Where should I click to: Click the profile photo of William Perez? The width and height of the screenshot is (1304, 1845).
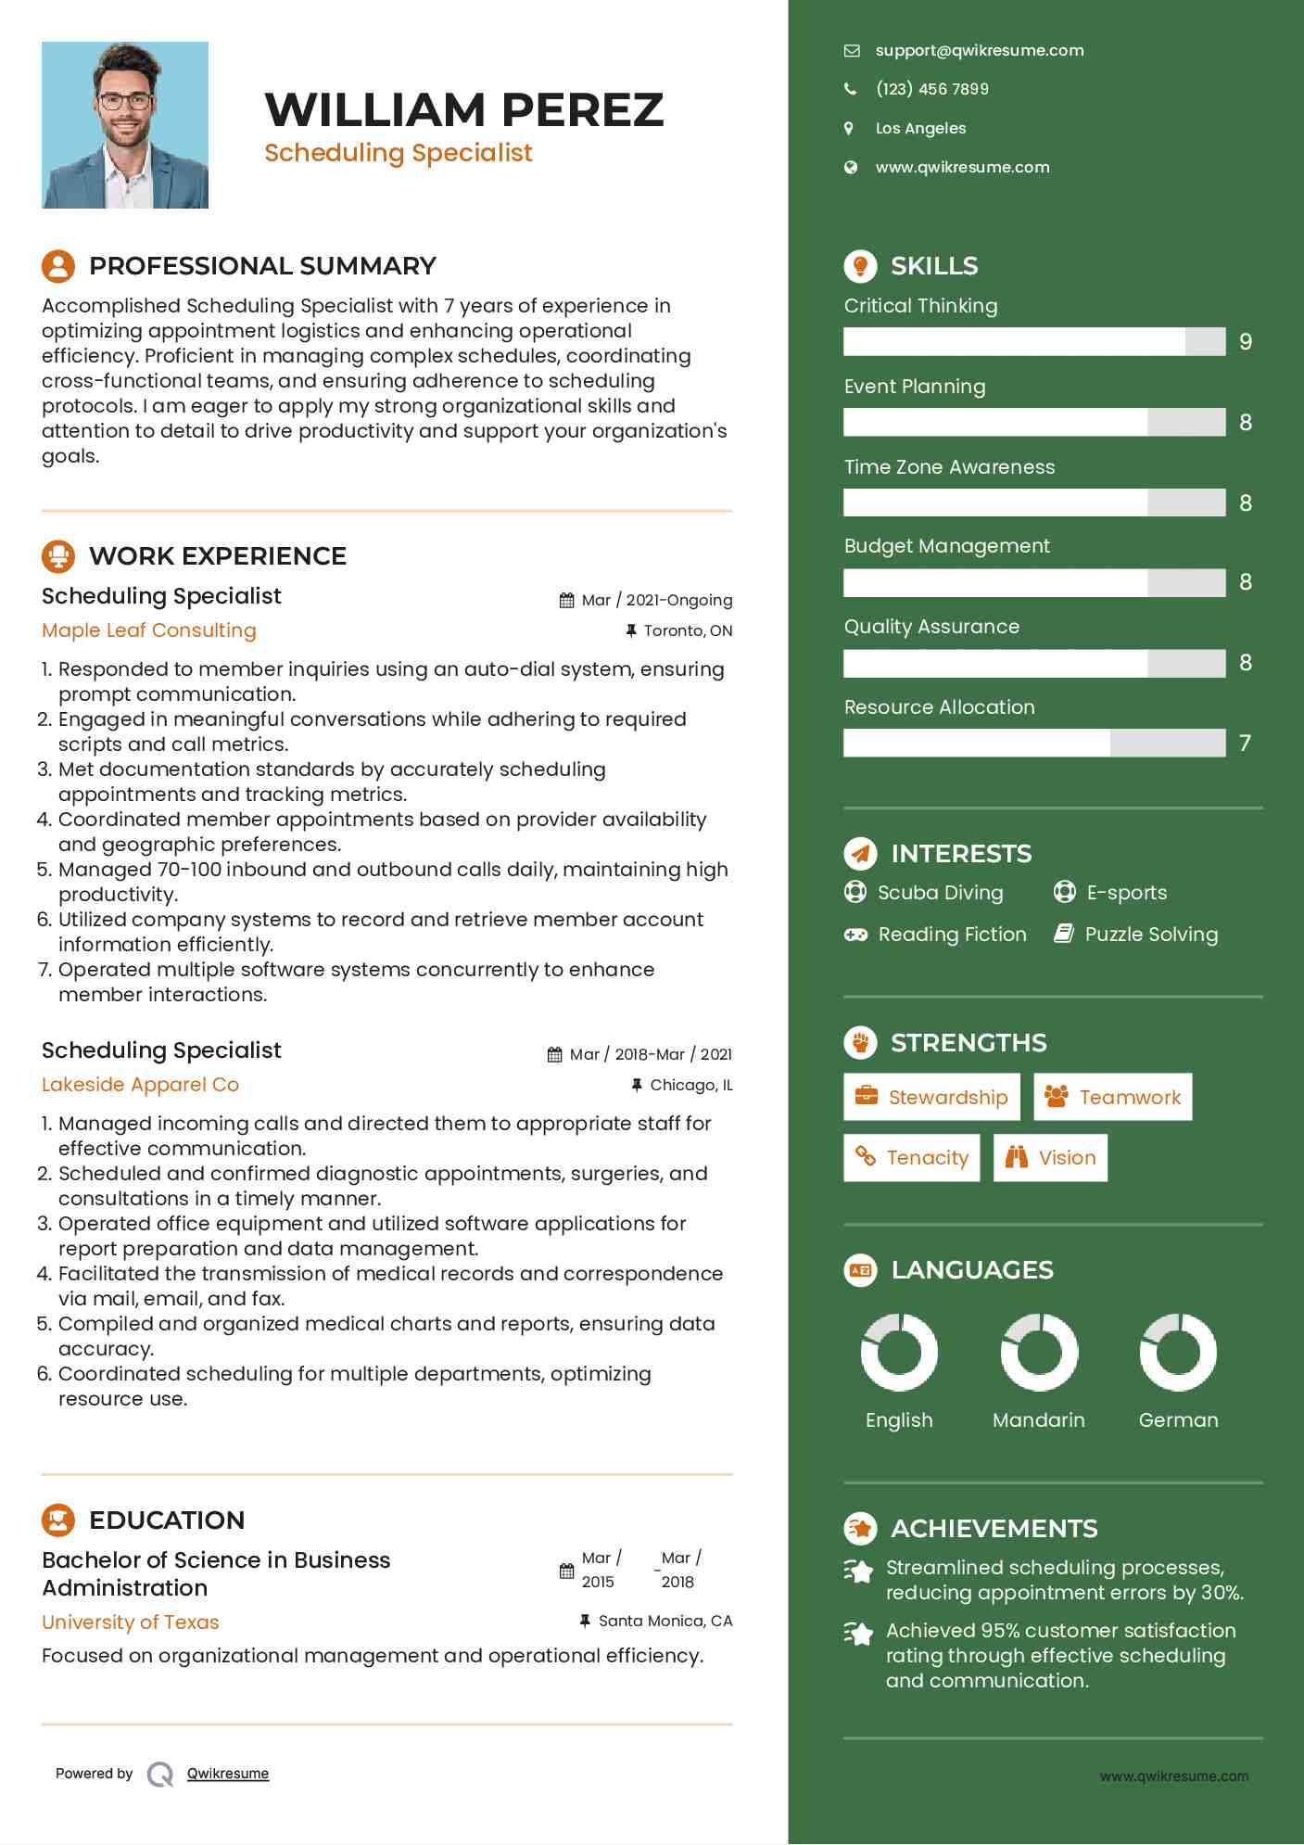click(x=125, y=125)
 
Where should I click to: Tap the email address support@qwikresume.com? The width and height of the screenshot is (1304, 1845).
click(x=979, y=51)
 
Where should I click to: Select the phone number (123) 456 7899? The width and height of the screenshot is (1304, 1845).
click(x=931, y=89)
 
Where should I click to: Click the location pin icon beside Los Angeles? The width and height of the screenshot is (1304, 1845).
click(x=849, y=128)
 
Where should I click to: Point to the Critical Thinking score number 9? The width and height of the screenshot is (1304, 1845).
click(x=1246, y=342)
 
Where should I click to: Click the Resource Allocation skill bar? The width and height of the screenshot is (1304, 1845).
click(x=1034, y=743)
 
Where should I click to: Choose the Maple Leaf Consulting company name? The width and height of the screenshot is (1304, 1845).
click(x=149, y=630)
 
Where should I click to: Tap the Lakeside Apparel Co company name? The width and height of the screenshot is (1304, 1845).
click(x=140, y=1085)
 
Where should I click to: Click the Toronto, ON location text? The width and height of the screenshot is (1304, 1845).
click(x=688, y=631)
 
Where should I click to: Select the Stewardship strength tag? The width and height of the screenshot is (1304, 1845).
click(x=931, y=1098)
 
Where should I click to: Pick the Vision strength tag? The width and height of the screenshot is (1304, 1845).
click(x=1050, y=1158)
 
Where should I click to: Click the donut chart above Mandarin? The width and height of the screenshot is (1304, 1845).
click(x=1039, y=1353)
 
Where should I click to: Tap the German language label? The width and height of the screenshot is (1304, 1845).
click(x=1178, y=1420)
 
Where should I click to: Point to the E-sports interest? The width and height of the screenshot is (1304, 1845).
click(x=1126, y=893)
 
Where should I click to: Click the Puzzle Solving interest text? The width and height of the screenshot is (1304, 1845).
click(x=1151, y=935)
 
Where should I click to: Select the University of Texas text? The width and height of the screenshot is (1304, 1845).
click(x=131, y=1622)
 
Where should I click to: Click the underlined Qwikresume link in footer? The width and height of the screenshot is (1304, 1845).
click(x=228, y=1774)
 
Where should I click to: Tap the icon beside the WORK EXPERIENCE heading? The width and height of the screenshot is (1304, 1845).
click(x=58, y=556)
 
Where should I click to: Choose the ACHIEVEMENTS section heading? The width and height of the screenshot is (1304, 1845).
click(x=994, y=1529)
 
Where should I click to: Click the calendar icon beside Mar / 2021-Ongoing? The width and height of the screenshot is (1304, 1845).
click(x=566, y=601)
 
